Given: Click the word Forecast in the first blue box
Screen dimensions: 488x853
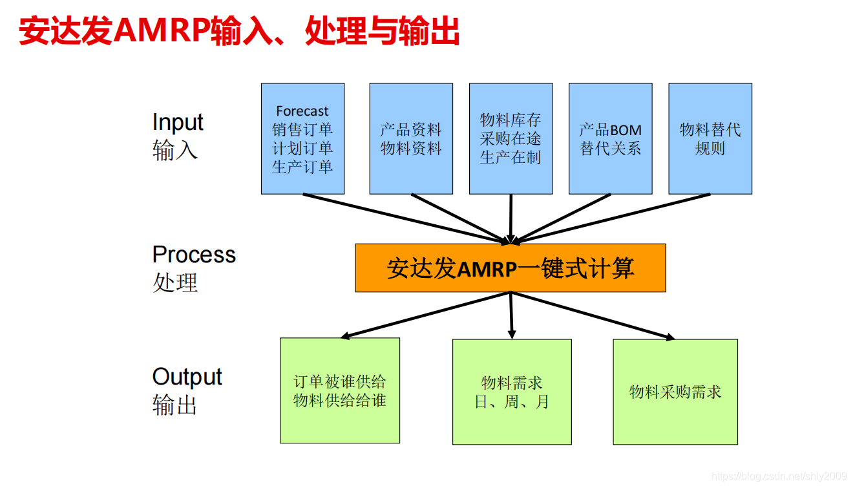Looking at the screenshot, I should (302, 111).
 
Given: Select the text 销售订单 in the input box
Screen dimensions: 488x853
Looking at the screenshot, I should (302, 129).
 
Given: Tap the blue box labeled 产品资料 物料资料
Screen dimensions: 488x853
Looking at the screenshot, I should (411, 138).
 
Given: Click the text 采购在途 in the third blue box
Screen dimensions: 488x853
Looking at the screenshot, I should (511, 138).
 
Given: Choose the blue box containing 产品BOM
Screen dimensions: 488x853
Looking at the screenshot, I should (610, 138).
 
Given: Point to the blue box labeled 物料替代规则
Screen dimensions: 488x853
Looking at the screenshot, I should (710, 138).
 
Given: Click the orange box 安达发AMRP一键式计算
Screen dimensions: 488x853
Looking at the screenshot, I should (511, 268).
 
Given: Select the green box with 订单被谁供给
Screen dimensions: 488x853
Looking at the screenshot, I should (340, 390).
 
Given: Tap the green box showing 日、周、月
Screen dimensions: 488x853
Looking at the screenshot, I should (512, 392).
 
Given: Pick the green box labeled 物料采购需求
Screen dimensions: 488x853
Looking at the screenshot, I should (675, 392).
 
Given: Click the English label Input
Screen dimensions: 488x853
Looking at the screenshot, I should (178, 122).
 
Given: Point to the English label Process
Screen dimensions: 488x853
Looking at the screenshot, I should (194, 255).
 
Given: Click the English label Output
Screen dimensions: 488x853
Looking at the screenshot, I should (187, 377).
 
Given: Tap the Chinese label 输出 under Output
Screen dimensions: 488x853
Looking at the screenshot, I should (174, 405).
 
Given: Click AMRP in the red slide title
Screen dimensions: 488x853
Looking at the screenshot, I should (162, 30).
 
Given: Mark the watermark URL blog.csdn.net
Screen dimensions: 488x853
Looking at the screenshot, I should (779, 476).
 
